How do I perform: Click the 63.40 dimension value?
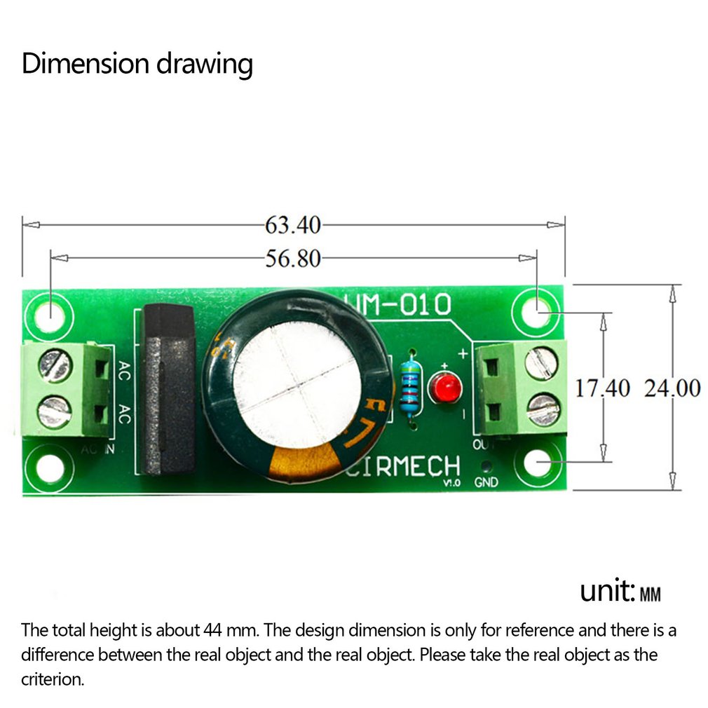click(292, 225)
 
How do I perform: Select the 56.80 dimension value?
click(292, 259)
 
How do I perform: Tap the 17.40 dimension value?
click(603, 388)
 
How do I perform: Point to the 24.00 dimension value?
click(672, 388)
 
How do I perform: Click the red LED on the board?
click(444, 389)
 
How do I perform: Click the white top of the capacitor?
click(297, 386)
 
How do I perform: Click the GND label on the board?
click(486, 482)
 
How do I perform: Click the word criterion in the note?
click(53, 679)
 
